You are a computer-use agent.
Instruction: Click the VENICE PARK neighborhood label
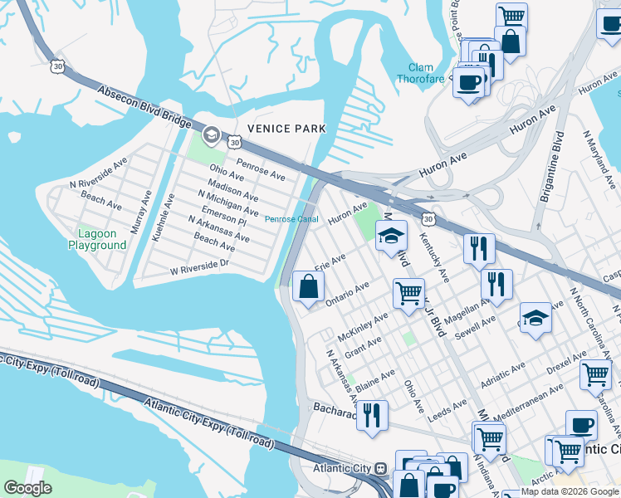(x=286, y=129)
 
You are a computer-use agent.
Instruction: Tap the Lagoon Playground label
(x=97, y=240)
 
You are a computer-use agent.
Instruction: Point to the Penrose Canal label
(x=291, y=219)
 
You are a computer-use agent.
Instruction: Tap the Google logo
(x=27, y=489)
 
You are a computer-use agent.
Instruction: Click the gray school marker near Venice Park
(x=211, y=135)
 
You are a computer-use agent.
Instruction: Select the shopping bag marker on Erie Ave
(x=308, y=287)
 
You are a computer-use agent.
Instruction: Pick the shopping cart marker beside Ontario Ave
(x=408, y=292)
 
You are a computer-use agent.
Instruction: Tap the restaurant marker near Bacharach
(x=372, y=413)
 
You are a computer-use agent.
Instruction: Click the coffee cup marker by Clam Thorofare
(x=469, y=82)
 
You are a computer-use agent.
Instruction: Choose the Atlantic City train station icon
(x=381, y=468)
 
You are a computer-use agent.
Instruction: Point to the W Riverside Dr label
(x=199, y=266)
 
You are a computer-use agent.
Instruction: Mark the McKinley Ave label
(x=364, y=325)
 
